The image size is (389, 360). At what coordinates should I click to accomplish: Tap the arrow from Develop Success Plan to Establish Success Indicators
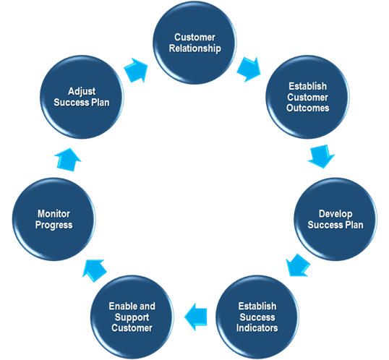pos(297,265)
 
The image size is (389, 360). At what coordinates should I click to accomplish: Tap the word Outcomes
pos(307,108)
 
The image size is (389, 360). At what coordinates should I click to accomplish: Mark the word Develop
pos(334,214)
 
